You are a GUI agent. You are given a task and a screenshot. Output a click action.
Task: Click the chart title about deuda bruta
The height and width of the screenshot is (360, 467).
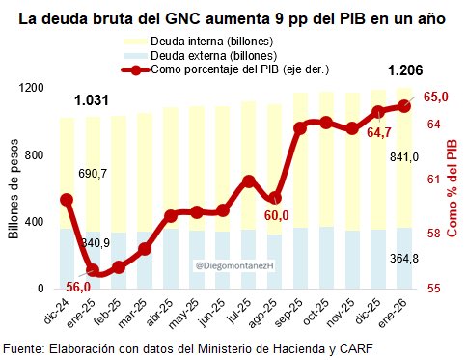coord(233,17)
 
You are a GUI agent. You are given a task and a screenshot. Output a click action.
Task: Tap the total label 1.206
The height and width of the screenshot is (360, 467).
coord(404,70)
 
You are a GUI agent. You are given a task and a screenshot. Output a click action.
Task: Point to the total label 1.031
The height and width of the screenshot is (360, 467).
coord(92,100)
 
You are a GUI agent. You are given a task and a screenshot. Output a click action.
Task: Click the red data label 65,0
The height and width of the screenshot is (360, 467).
coord(438,96)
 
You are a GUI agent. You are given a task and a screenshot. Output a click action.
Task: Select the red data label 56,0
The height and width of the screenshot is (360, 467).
coord(78,287)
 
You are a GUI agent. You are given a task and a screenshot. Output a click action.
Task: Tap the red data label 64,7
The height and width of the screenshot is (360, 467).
coord(377,132)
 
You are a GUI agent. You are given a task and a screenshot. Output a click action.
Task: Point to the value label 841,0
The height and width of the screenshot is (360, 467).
coord(403,157)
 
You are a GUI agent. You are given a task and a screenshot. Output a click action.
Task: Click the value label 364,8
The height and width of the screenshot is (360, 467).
coord(403,259)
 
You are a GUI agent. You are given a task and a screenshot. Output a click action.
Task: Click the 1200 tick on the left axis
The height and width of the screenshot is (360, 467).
coord(33,88)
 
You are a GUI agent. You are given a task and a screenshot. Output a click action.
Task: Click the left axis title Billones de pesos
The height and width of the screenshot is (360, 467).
coord(14,188)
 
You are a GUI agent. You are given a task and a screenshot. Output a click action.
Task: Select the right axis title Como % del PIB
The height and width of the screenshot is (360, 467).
coord(452,188)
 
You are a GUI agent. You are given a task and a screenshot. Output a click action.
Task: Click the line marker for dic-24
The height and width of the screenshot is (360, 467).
coord(67,200)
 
